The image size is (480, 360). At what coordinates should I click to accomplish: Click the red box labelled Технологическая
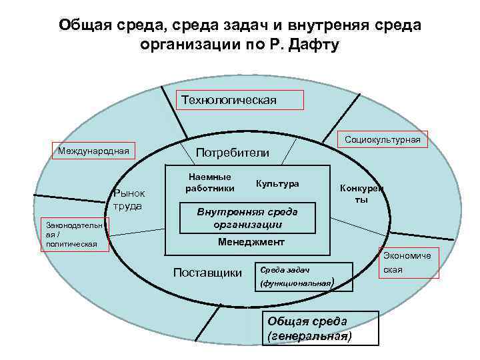[x=239, y=100]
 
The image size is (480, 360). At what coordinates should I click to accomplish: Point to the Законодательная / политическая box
[x=71, y=235]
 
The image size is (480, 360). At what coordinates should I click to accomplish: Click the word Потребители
[x=232, y=153]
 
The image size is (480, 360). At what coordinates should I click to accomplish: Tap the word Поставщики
[x=207, y=273]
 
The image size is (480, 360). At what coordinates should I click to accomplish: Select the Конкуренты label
[x=360, y=193]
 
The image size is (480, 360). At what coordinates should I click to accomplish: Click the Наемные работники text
[x=210, y=183]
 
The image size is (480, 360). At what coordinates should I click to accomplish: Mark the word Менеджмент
[x=251, y=241]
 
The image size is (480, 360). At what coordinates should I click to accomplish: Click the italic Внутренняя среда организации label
[x=247, y=218]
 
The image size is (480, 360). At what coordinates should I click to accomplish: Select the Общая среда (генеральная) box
[x=321, y=328]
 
